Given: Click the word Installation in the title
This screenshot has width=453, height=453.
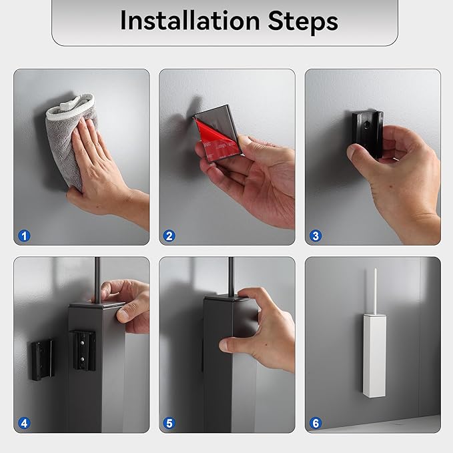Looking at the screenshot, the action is tap(190, 21).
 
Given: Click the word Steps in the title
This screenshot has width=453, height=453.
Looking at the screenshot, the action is tap(303, 21).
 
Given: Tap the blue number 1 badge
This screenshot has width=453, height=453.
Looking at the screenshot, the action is tap(24, 236).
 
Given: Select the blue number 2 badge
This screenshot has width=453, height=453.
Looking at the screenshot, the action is tap(169, 236).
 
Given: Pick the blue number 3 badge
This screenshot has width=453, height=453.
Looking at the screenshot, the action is tap(316, 236).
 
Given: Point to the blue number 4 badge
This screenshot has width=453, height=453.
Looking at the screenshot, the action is tap(24, 423).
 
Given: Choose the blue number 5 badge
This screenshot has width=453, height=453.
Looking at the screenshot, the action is tap(169, 423).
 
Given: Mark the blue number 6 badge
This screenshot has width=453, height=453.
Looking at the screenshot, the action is tap(316, 423).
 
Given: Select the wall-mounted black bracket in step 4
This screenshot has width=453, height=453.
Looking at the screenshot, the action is tap(43, 360).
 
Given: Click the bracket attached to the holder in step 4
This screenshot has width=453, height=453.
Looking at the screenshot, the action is tap(83, 350).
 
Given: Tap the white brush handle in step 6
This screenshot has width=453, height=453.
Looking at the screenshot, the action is tap(375, 291).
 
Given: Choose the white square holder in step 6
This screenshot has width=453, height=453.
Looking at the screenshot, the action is tap(374, 356).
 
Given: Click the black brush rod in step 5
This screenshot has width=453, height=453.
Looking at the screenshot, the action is tap(231, 276).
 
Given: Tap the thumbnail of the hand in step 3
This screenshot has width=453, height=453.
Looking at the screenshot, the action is tap(352, 153).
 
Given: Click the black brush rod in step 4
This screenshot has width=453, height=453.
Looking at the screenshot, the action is tap(97, 280).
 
